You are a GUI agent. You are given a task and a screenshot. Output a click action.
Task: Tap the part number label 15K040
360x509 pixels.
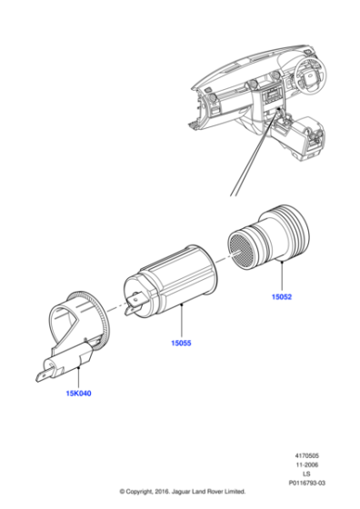point(78,395)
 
